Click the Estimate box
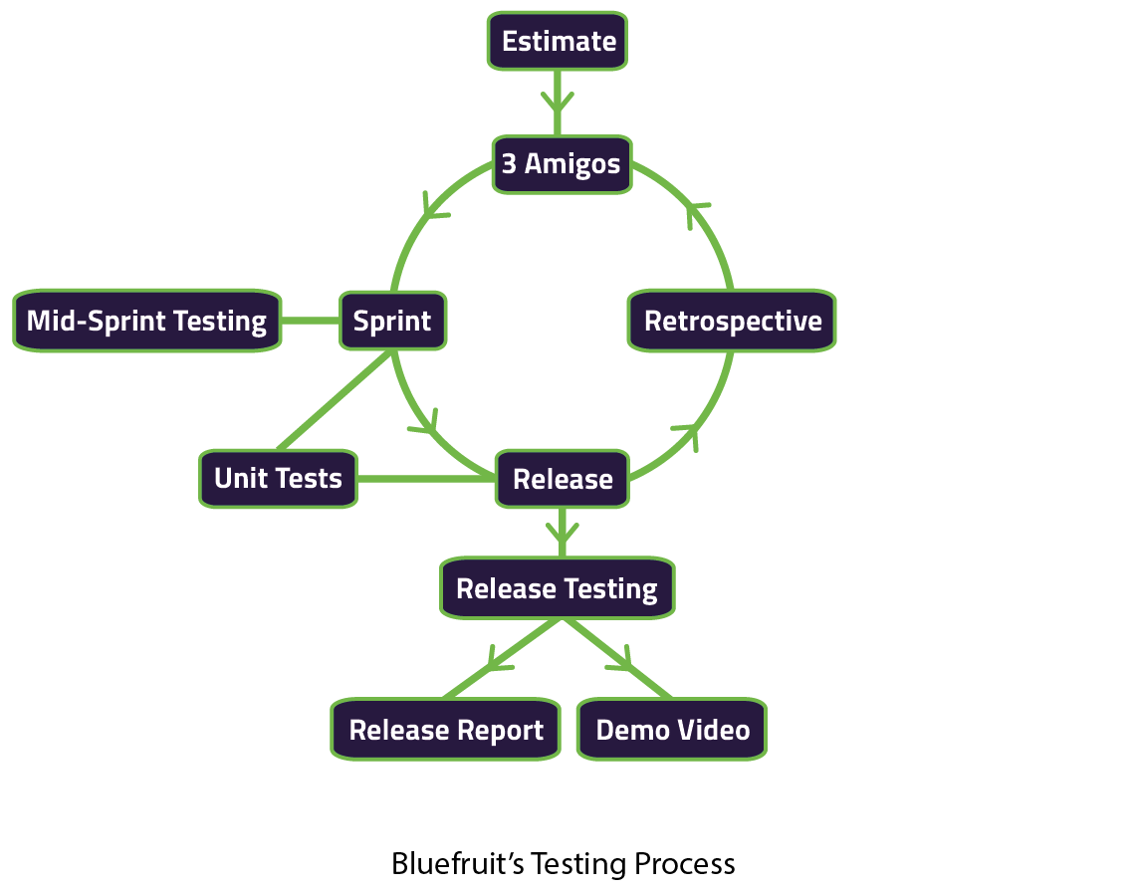click(558, 41)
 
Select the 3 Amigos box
click(562, 164)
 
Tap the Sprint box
click(392, 321)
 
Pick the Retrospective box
click(732, 321)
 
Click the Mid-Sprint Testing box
click(146, 321)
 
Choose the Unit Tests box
click(278, 479)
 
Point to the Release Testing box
click(558, 588)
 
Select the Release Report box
click(445, 729)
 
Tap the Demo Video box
click(672, 729)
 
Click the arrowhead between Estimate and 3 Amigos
click(558, 103)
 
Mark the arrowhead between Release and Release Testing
click(563, 532)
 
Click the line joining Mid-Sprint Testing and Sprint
click(311, 321)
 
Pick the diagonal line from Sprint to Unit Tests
click(335, 400)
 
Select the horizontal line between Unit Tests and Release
click(426, 479)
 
